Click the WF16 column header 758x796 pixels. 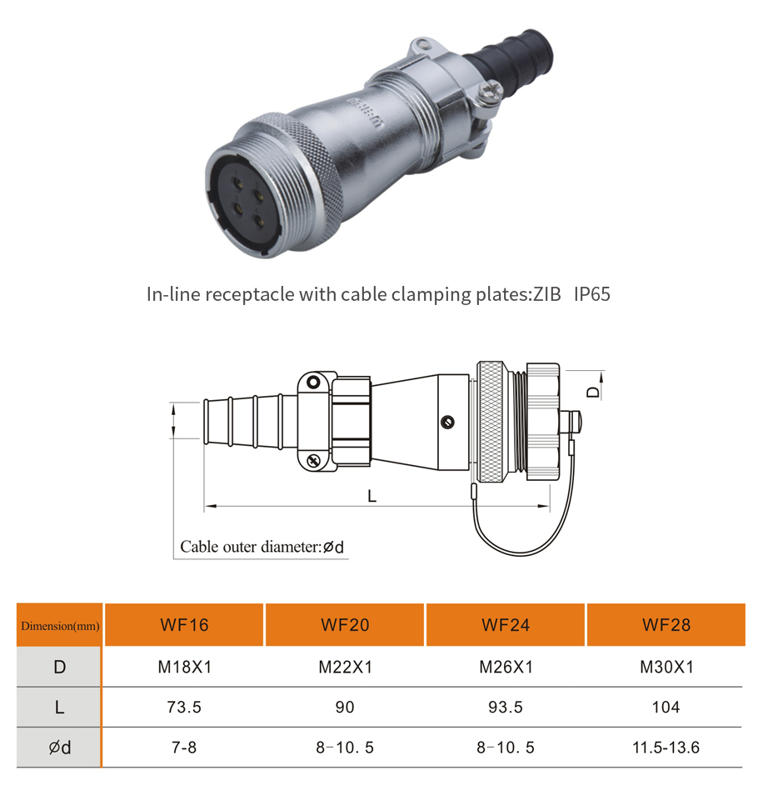point(184,625)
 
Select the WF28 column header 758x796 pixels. point(666,625)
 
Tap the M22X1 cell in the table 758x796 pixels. point(345,667)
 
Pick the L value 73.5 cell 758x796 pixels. point(184,707)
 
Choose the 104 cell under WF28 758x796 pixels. point(666,707)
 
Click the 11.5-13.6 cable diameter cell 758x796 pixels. point(666,748)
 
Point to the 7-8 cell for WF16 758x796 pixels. point(183,748)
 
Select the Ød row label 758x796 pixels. point(60,748)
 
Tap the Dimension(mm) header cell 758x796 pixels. point(60,625)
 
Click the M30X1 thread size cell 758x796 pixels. point(666,667)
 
